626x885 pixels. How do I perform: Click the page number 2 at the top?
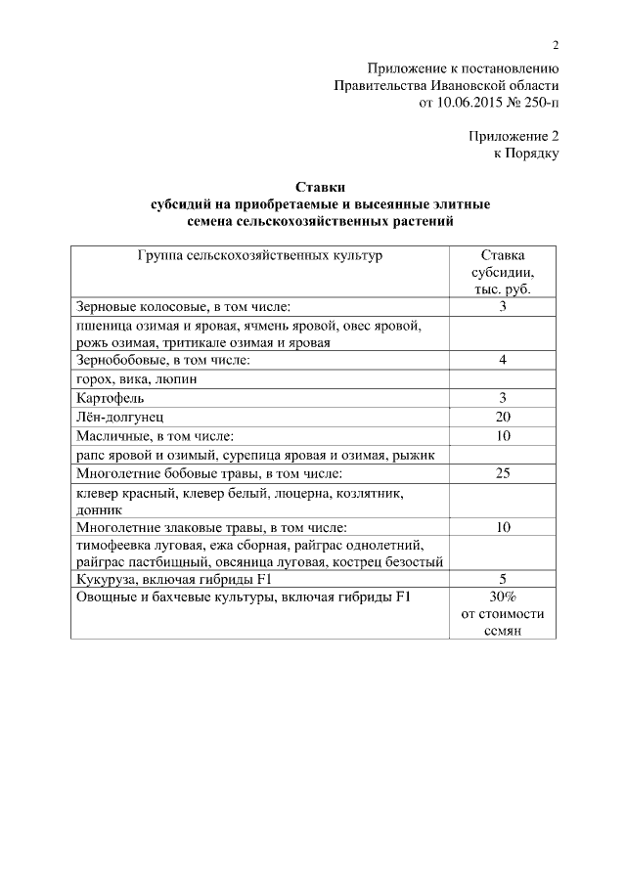556,45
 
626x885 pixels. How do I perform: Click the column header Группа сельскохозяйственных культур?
259,255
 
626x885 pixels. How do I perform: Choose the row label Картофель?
110,398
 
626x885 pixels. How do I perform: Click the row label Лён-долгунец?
120,417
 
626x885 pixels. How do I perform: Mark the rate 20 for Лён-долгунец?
503,417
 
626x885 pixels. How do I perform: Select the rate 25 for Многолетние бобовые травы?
503,474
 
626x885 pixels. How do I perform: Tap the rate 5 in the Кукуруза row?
503,578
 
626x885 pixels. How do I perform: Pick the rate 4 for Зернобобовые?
503,361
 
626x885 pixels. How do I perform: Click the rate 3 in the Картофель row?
503,398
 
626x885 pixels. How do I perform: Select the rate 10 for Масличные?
503,436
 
